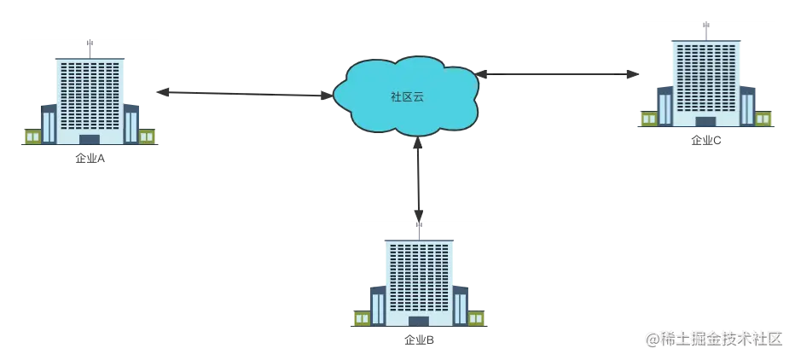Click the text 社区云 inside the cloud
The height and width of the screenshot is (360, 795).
pos(407,96)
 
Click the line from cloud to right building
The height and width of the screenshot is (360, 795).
pos(554,72)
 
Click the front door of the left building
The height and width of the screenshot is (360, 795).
pos(90,139)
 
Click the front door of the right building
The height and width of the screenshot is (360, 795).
pos(705,122)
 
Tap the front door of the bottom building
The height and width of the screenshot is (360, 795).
pos(418,322)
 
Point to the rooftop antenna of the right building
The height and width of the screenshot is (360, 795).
pos(705,27)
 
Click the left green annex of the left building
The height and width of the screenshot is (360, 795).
pos(32,136)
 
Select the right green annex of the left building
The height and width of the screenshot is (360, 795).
pos(147,136)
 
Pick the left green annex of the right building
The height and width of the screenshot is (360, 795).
pos(648,119)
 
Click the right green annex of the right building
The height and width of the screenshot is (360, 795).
pos(764,119)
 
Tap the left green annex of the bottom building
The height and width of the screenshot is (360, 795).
pos(361,318)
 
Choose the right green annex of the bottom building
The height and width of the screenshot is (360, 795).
pos(476,318)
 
